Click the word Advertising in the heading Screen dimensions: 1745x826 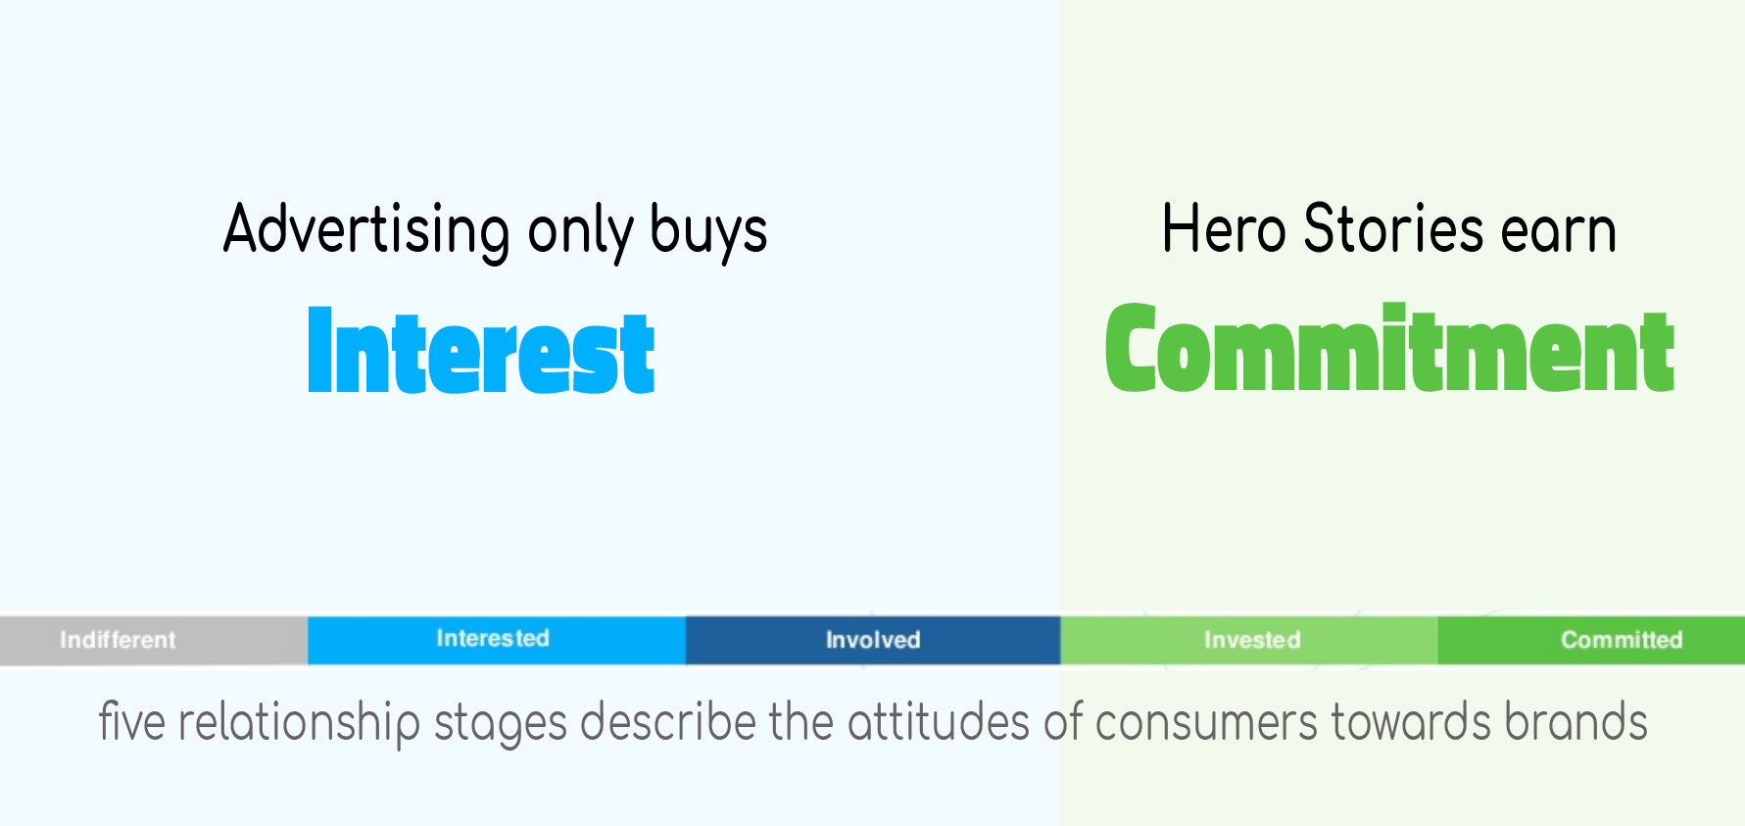coord(366,231)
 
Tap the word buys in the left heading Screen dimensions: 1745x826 coord(708,231)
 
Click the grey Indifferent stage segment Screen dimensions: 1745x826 coord(154,640)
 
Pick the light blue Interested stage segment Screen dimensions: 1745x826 coord(497,640)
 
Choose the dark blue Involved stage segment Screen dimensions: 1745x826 coord(873,640)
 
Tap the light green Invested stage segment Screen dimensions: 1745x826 coord(1249,640)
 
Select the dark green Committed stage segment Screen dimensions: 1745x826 coord(1591,640)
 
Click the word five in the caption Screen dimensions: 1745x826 coord(131,722)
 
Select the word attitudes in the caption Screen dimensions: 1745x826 coord(939,722)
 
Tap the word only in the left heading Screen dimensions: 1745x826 coord(580,231)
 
